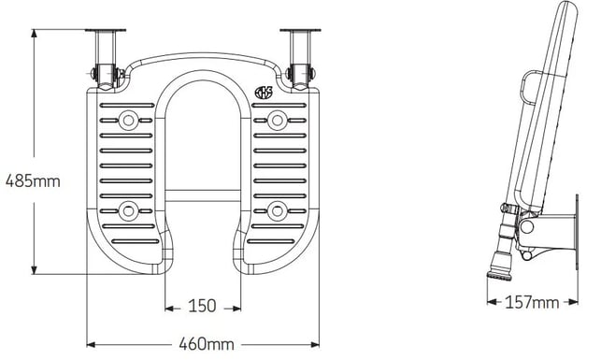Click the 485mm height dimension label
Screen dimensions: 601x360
[33, 181]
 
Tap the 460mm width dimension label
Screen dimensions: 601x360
[207, 344]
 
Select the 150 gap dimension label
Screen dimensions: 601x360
[203, 306]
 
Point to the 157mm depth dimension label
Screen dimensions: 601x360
[532, 302]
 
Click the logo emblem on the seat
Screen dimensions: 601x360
[264, 93]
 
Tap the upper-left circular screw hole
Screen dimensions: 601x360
[128, 121]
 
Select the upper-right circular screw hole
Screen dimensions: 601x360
[277, 121]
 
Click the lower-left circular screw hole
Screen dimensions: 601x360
[128, 211]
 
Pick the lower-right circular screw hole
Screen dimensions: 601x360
[277, 211]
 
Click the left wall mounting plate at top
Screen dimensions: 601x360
[106, 30]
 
